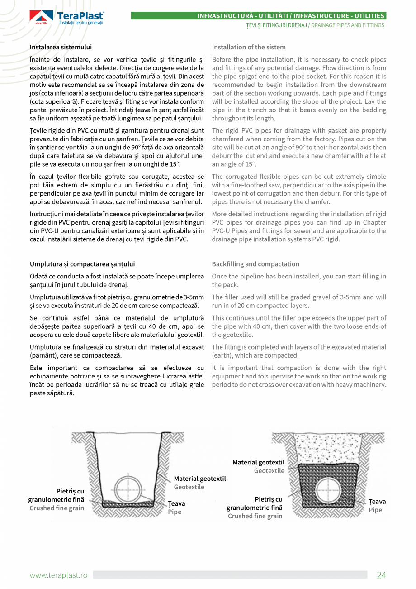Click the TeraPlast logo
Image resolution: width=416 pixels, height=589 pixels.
coord(67,17)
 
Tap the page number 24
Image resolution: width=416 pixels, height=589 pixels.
coord(381,575)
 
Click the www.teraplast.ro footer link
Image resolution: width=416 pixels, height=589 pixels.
coord(58,575)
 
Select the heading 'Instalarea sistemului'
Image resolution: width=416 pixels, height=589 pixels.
coord(61,47)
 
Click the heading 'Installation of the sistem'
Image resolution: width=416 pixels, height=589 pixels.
coord(249,47)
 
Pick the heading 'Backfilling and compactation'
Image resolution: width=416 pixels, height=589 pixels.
coord(255,264)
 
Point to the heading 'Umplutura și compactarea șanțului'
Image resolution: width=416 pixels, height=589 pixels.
coord(82,264)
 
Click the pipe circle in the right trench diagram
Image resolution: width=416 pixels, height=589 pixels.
coord(328,489)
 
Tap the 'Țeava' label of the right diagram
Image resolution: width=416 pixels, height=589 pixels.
coord(377,502)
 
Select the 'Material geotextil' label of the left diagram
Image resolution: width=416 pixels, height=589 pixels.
coord(200,479)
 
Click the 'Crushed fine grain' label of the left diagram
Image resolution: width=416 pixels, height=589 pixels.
coord(57,508)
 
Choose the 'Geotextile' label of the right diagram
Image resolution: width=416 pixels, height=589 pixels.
coord(269,471)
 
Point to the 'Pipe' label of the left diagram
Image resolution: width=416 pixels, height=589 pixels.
coord(175,512)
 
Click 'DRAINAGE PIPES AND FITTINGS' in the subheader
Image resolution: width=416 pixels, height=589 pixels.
coord(347,25)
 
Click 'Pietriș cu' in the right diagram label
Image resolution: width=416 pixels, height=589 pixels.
coord(269,499)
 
